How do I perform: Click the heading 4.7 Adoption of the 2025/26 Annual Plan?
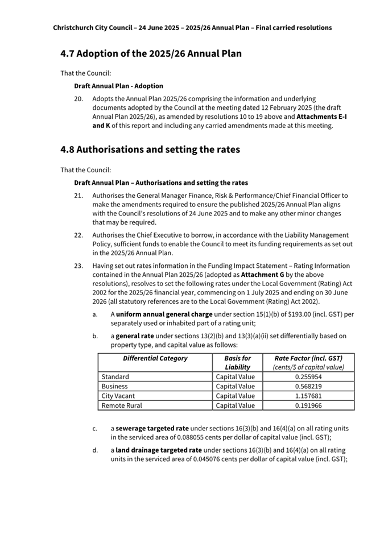pyautogui.click(x=151, y=54)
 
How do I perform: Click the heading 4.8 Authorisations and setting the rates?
pyautogui.click(x=150, y=150)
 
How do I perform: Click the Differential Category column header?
pyautogui.click(x=155, y=359)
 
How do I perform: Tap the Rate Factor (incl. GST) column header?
pyautogui.click(x=308, y=359)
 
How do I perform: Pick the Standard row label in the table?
pyautogui.click(x=115, y=377)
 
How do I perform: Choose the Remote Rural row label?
pyautogui.click(x=122, y=406)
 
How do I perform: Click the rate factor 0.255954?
pyautogui.click(x=308, y=377)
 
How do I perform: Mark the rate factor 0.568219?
pyautogui.click(x=308, y=387)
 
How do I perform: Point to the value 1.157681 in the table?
pyautogui.click(x=308, y=396)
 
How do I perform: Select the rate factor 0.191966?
pyautogui.click(x=308, y=406)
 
